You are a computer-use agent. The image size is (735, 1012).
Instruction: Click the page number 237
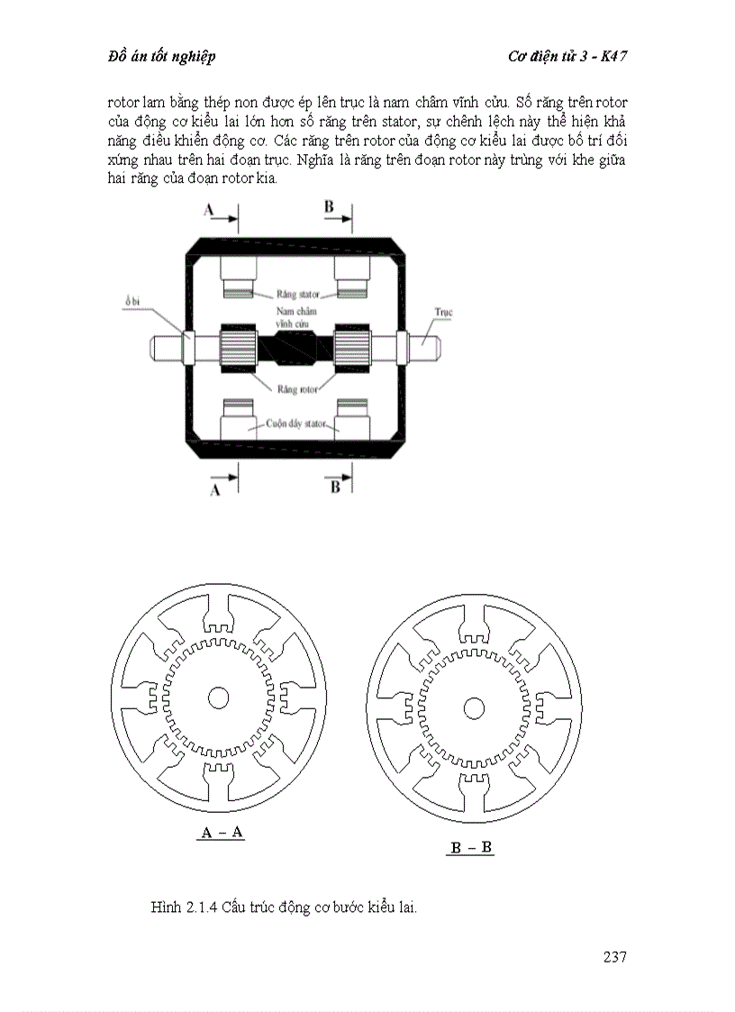614,956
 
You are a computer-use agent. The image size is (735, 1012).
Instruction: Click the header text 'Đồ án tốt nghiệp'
162,57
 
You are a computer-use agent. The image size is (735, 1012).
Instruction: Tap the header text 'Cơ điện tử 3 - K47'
567,57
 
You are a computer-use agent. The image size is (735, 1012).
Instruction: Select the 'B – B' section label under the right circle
470,847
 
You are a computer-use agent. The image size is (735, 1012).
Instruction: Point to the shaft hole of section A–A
219,697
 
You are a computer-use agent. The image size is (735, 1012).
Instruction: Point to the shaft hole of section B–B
474,708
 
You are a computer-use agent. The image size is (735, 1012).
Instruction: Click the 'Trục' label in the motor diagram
443,313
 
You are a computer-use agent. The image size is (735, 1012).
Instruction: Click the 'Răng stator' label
297,295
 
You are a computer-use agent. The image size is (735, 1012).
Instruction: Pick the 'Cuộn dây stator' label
295,424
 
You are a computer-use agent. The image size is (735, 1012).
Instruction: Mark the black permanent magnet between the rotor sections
295,351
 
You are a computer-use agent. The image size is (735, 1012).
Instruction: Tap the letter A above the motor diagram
208,209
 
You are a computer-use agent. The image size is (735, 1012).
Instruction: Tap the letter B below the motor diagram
335,488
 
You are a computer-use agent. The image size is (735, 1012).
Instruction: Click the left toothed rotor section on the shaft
239,349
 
